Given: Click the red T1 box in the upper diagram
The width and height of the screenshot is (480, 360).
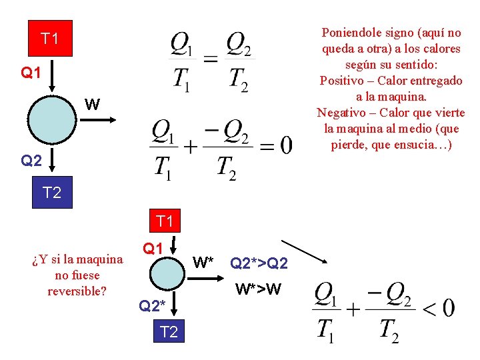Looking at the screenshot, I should [x=49, y=39].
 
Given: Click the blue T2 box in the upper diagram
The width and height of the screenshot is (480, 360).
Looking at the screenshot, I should [x=51, y=193].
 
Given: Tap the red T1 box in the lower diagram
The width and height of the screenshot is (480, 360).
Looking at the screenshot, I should [x=164, y=221].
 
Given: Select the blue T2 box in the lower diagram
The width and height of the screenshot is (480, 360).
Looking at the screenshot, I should [x=169, y=331].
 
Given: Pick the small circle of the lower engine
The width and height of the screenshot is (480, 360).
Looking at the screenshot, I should [x=165, y=274].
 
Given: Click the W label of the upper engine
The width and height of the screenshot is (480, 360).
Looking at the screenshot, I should [x=93, y=104].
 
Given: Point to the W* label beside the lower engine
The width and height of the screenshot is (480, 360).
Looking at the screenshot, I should [x=203, y=261].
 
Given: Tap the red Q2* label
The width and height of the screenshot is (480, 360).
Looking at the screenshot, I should [x=152, y=306].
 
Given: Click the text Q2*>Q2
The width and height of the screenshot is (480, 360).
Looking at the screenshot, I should [x=259, y=263].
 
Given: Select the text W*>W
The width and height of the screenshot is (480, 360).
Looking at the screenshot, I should [x=259, y=289].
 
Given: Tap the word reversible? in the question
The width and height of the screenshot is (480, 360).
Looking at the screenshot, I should [x=77, y=291].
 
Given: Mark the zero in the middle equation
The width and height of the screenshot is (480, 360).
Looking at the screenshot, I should [x=285, y=146].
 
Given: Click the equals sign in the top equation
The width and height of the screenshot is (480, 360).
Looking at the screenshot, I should [x=210, y=59].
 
